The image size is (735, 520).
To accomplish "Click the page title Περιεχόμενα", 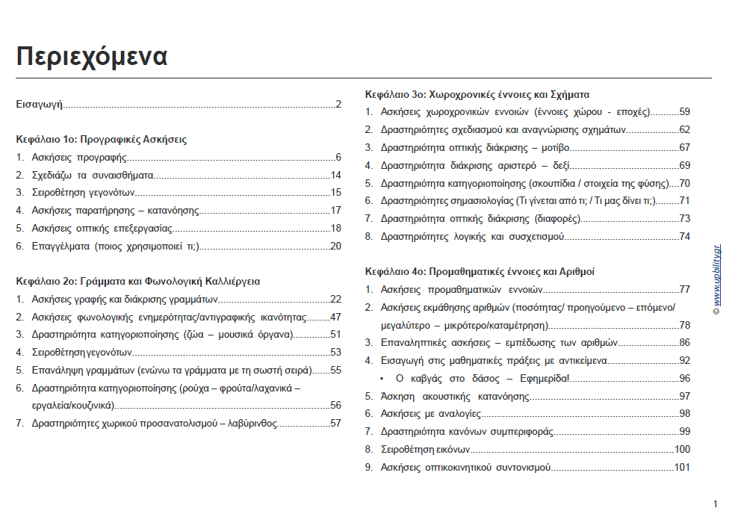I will point(92,56).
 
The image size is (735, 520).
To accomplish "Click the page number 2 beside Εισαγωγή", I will point(338,104).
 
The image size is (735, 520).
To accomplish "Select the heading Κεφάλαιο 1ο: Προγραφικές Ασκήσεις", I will point(102,139).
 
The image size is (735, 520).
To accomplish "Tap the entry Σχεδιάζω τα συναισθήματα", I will point(93,175).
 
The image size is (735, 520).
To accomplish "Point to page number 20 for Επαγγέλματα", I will point(335,246).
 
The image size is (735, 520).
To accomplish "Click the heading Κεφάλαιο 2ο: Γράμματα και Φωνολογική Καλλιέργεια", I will point(138,281).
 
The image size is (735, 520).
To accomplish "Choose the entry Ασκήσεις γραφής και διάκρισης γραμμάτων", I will point(125,299).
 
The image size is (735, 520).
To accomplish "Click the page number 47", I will point(335,317).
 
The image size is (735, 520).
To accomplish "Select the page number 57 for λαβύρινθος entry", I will point(335,423).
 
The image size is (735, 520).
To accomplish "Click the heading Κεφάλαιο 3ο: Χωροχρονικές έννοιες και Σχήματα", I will point(477,94).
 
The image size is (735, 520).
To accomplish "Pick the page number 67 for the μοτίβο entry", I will point(684,147).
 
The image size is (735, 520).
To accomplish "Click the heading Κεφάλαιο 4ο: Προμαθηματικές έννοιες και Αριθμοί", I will point(480,271).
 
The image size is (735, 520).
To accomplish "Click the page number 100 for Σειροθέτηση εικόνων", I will point(682,449).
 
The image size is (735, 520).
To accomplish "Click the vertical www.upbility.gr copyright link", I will point(716,280).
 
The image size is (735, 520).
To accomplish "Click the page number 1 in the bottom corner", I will point(715,504).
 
